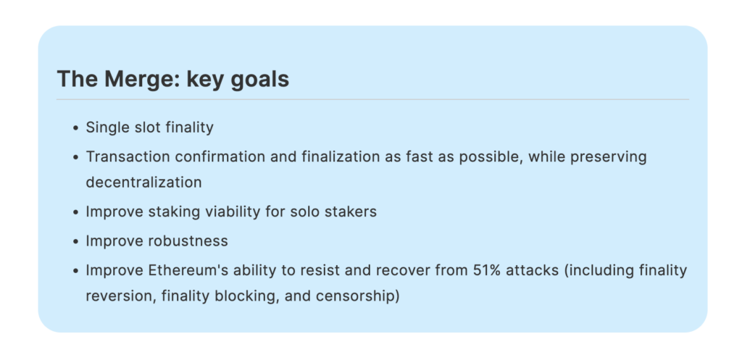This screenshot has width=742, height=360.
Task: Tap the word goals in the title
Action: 260,80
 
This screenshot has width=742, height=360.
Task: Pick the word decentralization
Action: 144,182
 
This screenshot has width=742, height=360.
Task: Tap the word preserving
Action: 608,157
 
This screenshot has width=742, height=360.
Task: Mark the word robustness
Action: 188,240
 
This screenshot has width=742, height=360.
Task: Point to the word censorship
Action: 358,297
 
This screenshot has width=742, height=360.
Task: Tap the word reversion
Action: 121,296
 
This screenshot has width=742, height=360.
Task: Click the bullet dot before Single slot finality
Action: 75,129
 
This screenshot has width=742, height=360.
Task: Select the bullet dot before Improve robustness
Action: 75,242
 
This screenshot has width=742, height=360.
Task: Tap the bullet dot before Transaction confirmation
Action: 75,157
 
